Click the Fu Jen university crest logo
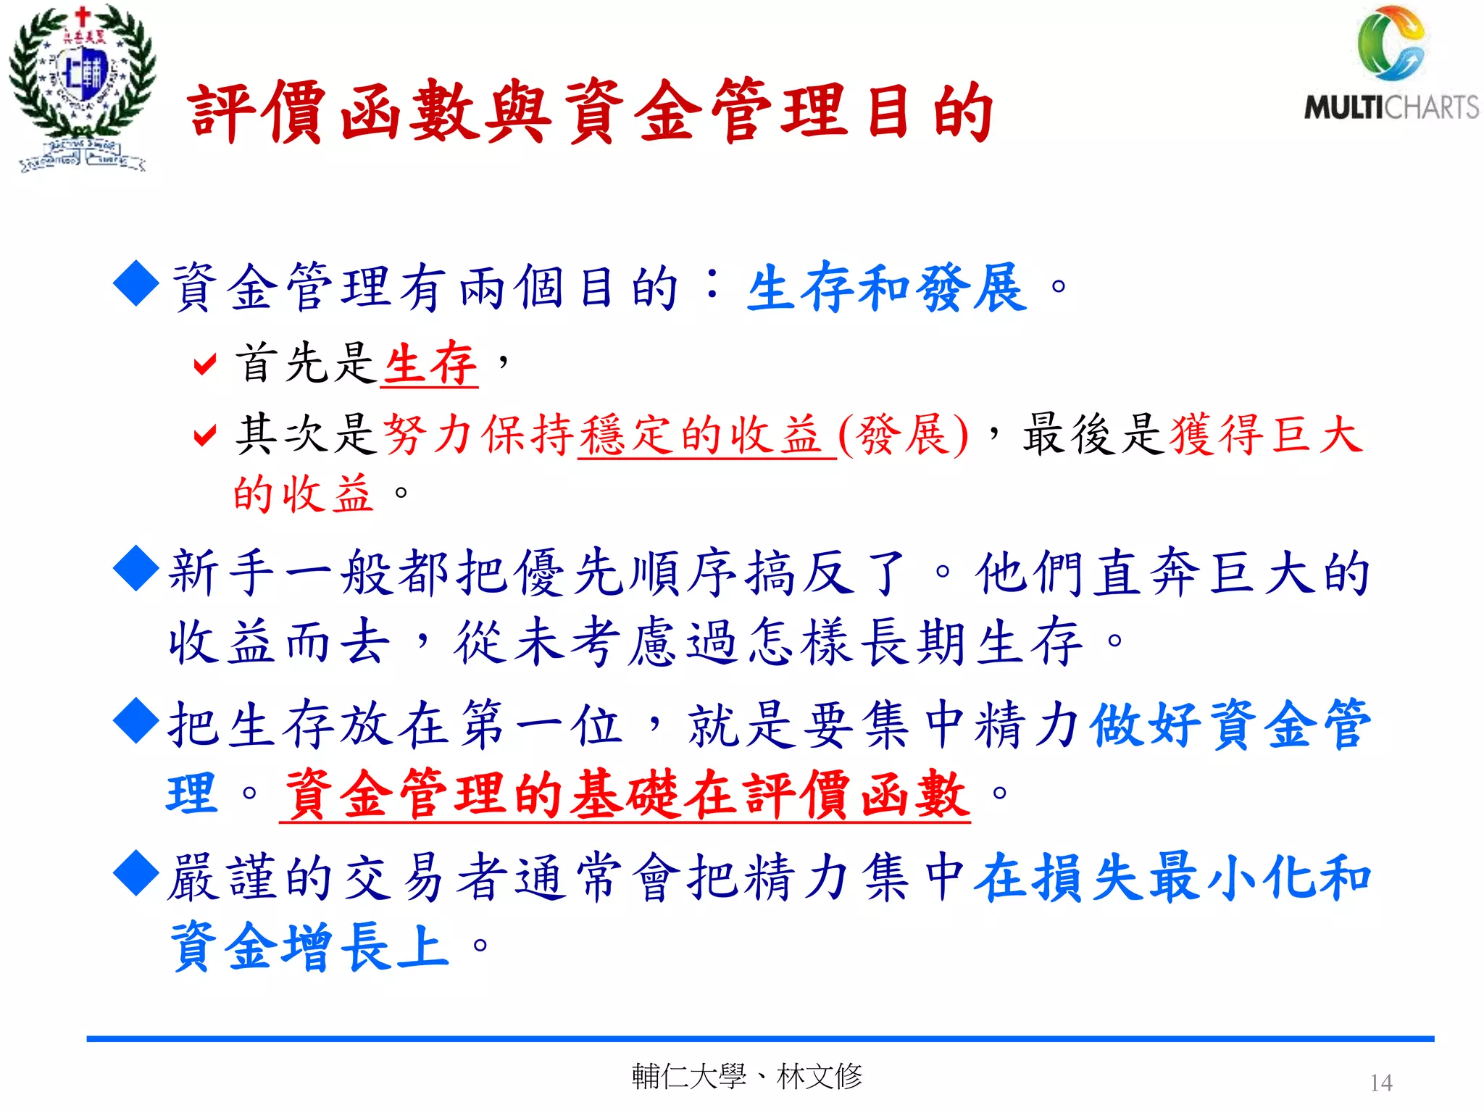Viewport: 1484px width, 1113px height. point(81,87)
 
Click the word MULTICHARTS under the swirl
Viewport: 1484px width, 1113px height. point(1391,107)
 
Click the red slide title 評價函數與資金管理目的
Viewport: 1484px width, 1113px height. point(591,112)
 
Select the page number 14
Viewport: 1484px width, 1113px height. point(1381,1083)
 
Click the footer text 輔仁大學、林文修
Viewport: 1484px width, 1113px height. point(746,1077)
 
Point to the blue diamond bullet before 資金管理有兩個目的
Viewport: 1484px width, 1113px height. point(136,284)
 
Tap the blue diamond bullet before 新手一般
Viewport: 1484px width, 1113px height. point(136,570)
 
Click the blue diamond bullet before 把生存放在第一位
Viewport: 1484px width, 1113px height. point(136,721)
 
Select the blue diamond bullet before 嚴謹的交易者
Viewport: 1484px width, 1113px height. point(136,874)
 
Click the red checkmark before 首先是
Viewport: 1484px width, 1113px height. point(205,364)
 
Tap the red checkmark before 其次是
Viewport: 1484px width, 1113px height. point(205,435)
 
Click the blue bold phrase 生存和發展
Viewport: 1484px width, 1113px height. point(887,288)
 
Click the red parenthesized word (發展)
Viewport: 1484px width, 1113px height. point(903,435)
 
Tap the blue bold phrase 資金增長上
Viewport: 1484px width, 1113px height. point(310,946)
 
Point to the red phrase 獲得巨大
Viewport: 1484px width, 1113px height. point(1265,435)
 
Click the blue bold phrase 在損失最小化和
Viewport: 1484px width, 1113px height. point(1172,877)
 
